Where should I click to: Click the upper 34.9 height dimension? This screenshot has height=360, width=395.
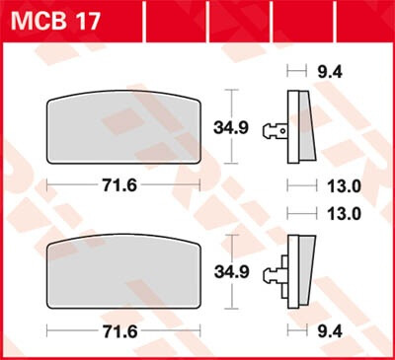tap(259, 126)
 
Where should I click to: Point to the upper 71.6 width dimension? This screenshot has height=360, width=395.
tap(124, 184)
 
